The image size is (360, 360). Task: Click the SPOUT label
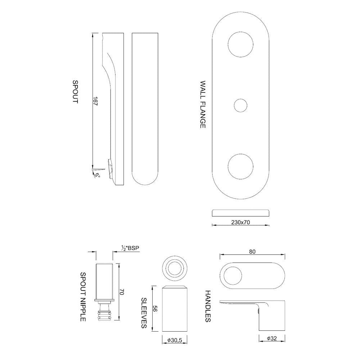tap(75, 92)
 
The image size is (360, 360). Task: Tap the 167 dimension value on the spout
tap(95, 101)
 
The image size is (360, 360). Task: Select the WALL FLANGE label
tap(203, 104)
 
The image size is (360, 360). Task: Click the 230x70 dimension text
tap(240, 222)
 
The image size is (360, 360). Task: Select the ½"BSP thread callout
tap(130, 248)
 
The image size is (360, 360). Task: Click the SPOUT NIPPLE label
tap(83, 297)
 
